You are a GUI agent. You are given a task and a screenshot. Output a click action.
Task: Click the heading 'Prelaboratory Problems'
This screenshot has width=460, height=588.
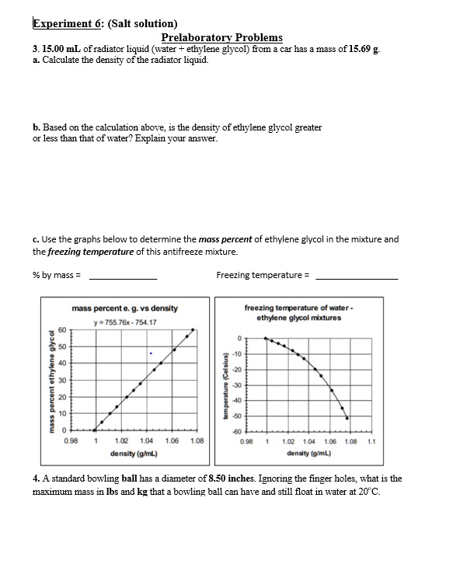tap(221, 37)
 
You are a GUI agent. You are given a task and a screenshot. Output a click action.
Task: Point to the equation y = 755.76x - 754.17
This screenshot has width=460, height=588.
tap(124, 322)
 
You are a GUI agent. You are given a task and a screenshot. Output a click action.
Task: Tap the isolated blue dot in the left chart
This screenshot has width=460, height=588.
tap(152, 353)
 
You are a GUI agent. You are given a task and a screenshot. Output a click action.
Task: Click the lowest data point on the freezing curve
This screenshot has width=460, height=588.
tap(347, 418)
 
